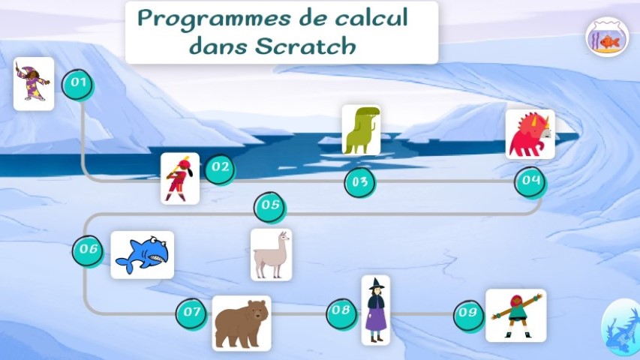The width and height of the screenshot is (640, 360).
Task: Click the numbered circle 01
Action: (x=78, y=85)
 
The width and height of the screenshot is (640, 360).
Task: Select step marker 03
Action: (x=360, y=182)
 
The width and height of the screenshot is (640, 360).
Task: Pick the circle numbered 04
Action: (x=530, y=182)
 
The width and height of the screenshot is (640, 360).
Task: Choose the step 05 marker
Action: (x=270, y=207)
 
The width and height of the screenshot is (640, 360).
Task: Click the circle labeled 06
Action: (x=89, y=251)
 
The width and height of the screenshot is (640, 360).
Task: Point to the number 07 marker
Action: (x=192, y=314)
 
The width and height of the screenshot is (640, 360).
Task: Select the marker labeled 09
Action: (x=470, y=316)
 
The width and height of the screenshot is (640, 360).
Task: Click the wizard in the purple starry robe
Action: (x=34, y=84)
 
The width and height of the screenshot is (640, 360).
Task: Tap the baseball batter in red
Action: (x=180, y=178)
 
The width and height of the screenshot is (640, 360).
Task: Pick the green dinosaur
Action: (x=361, y=130)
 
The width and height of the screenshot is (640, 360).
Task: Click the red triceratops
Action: (x=530, y=134)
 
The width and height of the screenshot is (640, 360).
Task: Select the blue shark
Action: (x=142, y=255)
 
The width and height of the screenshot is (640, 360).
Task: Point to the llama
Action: (x=271, y=255)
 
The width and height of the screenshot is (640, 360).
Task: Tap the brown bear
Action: (x=242, y=323)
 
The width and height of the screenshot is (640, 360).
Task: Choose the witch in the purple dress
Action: (x=375, y=310)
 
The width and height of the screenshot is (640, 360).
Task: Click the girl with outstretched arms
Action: (x=516, y=316)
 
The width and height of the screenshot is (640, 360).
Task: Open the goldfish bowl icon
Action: (x=607, y=37)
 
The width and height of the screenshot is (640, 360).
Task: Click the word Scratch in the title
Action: (x=306, y=46)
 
